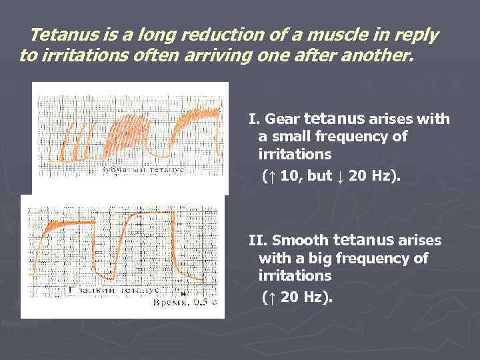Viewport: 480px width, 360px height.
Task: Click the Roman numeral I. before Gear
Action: (254, 120)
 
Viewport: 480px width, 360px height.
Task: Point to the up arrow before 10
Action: (268, 176)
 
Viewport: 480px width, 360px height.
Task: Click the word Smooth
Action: (299, 241)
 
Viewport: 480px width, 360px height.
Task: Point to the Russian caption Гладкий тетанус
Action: (113, 291)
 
